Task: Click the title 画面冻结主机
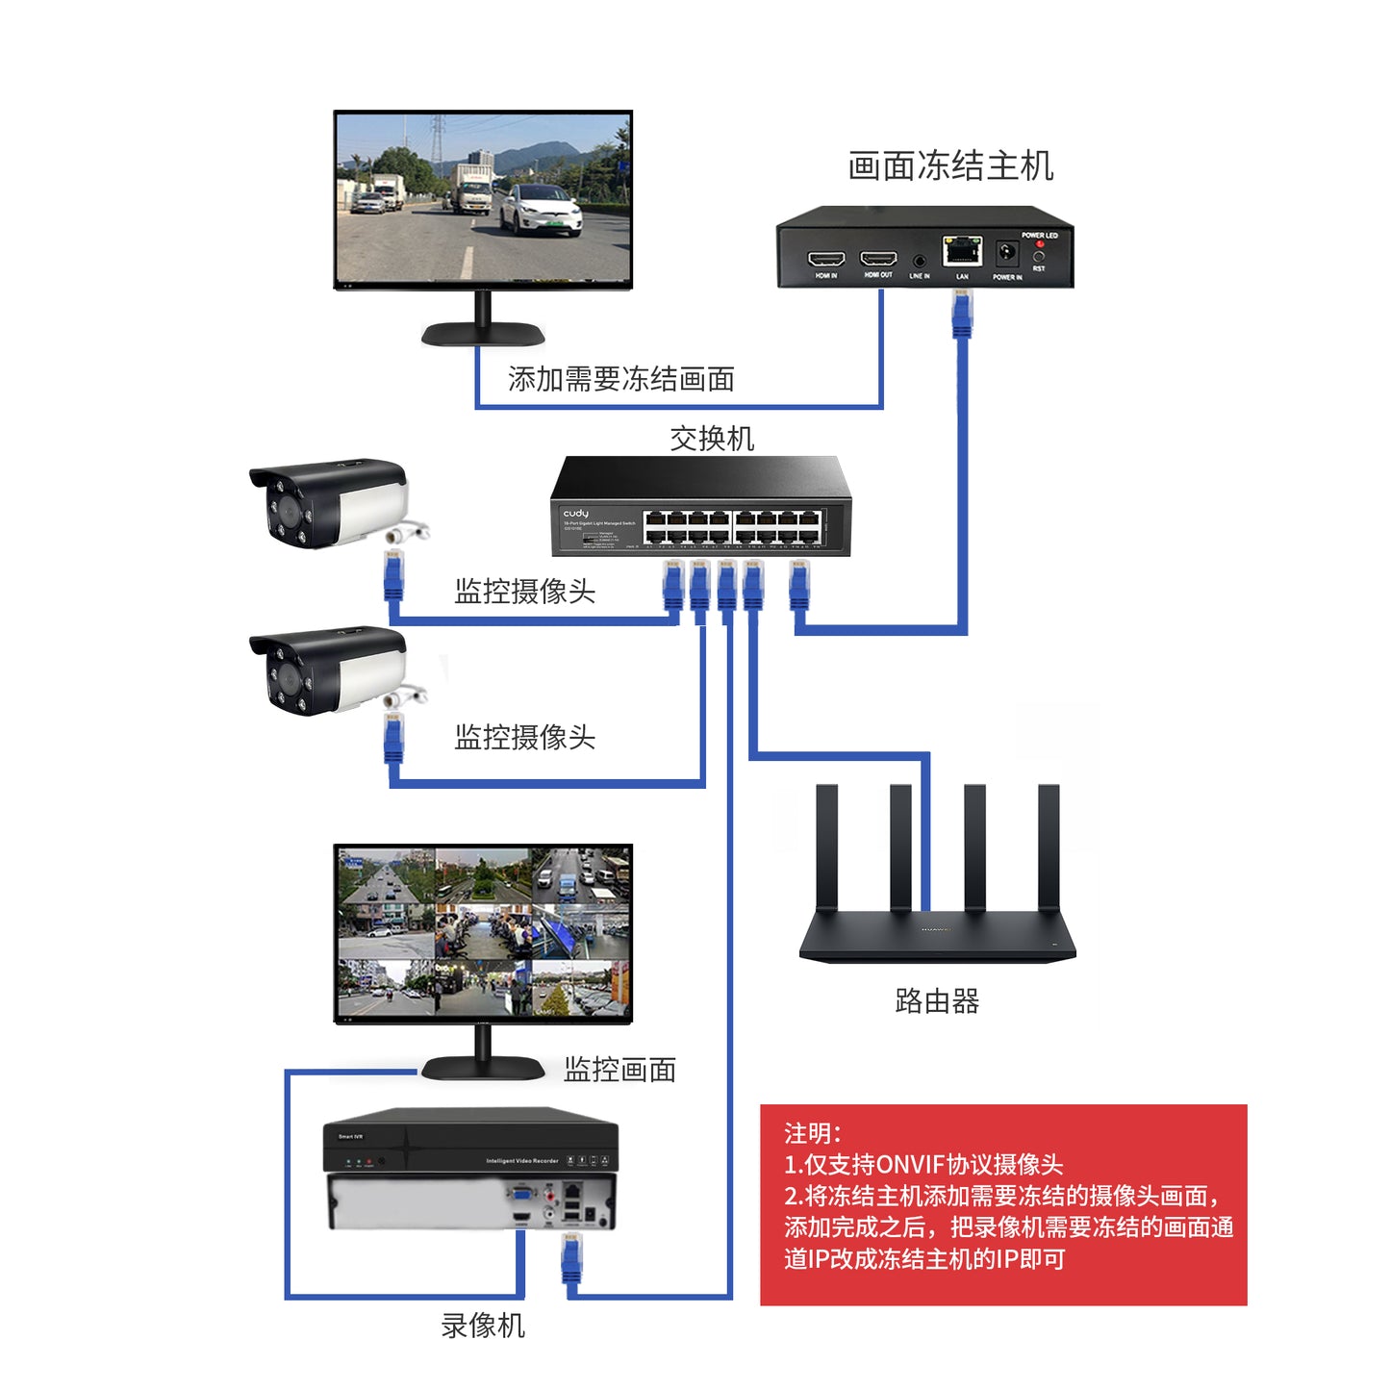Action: tap(950, 166)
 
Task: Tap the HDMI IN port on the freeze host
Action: tap(825, 259)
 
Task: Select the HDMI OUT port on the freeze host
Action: tap(878, 259)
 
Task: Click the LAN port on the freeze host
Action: tap(961, 251)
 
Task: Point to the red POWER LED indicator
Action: tap(1039, 244)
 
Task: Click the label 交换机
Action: tap(712, 439)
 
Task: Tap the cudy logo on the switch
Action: tap(575, 514)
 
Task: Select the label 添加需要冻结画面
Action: tap(620, 379)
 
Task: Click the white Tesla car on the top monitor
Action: tap(541, 208)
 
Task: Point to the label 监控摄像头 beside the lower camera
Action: tap(524, 738)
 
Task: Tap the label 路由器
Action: tap(937, 1001)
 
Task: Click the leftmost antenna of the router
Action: tap(826, 847)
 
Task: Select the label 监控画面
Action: tap(619, 1070)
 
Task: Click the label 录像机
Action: tap(483, 1326)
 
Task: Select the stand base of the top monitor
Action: tap(483, 334)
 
